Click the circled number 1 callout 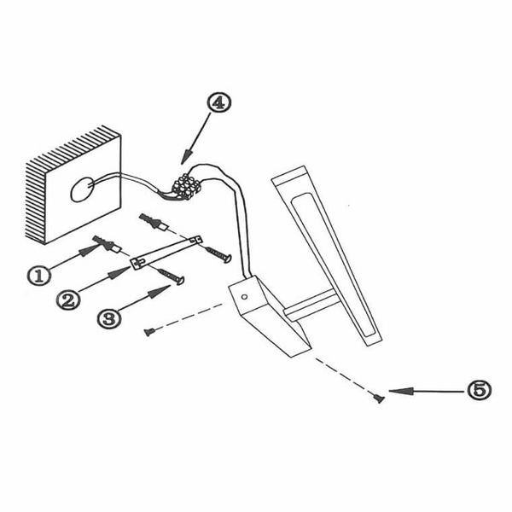pos(39,276)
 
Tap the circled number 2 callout pos(68,300)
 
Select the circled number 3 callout pos(109,318)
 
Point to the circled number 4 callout pos(218,102)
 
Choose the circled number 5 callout pos(479,390)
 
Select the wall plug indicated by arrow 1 pos(107,244)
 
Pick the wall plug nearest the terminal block pos(154,222)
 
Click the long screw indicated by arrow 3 pos(171,276)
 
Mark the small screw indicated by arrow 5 pos(379,399)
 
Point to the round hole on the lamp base pos(244,297)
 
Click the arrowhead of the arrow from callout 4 pos(186,156)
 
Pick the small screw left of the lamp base pos(148,332)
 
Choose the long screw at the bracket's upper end pos(218,254)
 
